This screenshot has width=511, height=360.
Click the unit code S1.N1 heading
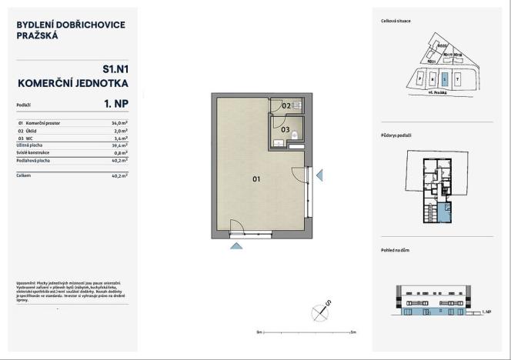(115, 68)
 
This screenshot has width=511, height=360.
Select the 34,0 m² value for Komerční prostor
(119, 123)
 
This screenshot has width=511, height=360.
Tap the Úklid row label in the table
(34, 131)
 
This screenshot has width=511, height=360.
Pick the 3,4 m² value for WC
(120, 138)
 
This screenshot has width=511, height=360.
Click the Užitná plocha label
(29, 145)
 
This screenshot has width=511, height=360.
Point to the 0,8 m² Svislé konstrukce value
(120, 152)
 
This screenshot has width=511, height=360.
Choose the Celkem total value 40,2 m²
(119, 175)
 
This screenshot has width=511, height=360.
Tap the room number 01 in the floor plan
(256, 179)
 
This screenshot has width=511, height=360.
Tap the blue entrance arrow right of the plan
(320, 176)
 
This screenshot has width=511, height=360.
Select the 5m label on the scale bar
(353, 332)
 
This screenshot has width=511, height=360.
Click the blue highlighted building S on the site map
(443, 78)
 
